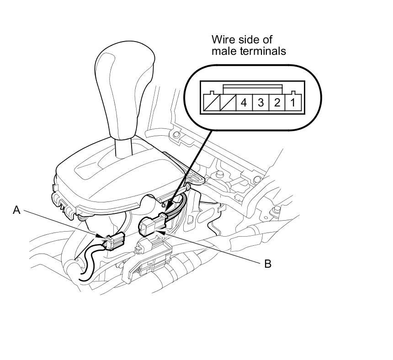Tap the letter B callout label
268,264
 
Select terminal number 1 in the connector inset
292,102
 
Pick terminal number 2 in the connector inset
276,102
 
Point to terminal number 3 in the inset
260,102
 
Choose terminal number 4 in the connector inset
244,102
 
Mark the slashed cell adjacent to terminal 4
227,103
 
